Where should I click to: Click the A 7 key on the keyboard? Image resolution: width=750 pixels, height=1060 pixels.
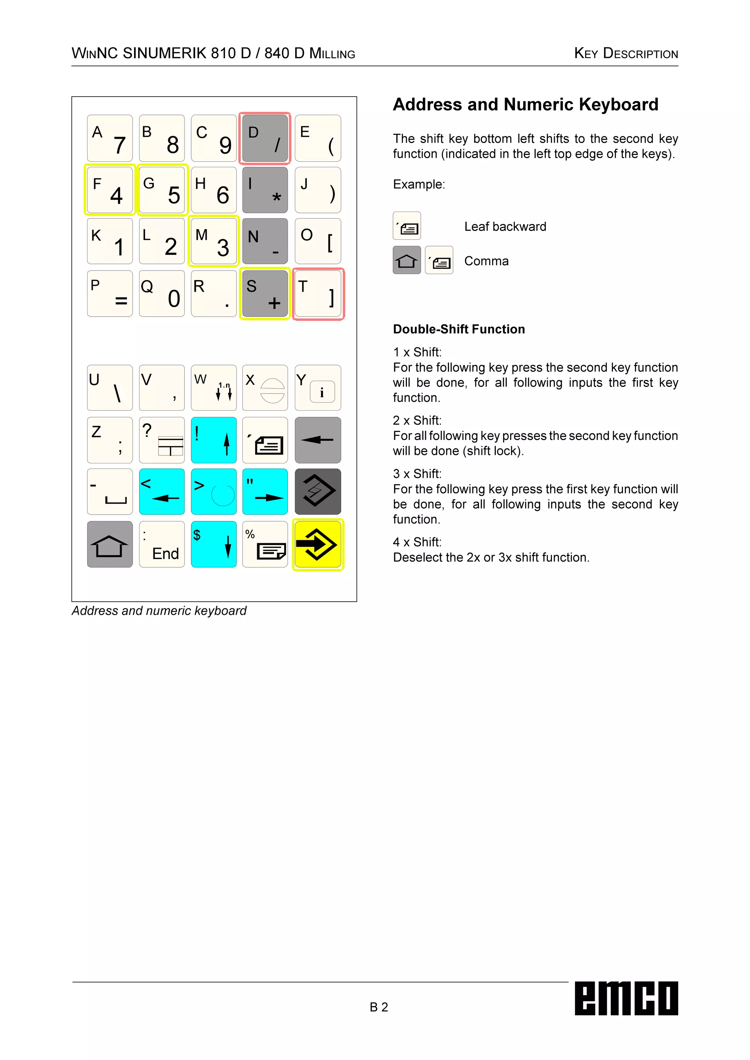tap(110, 138)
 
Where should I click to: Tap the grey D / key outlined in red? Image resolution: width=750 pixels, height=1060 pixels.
tap(265, 138)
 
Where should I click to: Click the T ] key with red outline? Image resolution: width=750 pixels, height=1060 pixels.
tap(318, 294)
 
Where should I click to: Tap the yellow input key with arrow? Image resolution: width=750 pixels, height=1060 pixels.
tap(318, 544)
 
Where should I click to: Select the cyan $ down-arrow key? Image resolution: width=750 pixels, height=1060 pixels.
tap(214, 544)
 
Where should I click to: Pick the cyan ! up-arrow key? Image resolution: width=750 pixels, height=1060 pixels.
tap(214, 440)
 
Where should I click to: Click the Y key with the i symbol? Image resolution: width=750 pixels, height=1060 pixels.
tap(318, 388)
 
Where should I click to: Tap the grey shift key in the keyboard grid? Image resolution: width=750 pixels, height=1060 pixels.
tap(110, 544)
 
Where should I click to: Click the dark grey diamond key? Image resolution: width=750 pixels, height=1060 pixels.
tap(318, 492)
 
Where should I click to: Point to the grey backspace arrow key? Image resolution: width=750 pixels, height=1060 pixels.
tap(318, 440)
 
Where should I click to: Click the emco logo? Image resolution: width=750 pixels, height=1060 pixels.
tap(626, 998)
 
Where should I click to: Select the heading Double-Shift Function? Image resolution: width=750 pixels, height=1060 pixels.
tap(458, 329)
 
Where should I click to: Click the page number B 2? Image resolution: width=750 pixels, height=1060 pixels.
tap(379, 1007)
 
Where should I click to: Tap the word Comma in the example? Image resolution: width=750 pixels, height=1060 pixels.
tap(486, 261)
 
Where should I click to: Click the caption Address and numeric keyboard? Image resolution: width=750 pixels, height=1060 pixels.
tap(159, 611)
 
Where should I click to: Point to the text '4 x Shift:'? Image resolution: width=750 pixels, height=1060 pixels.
tap(417, 542)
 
